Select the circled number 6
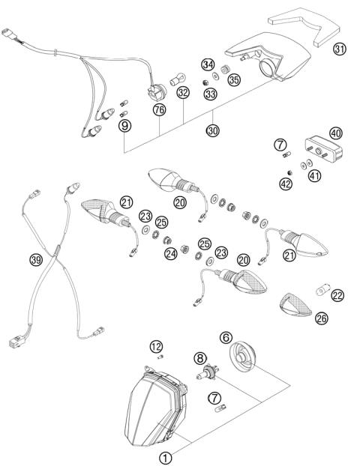pyautogui.click(x=226, y=339)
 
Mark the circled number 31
pyautogui.click(x=339, y=49)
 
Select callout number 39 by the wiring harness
pyautogui.click(x=35, y=260)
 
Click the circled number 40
pyautogui.click(x=335, y=133)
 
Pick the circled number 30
pyautogui.click(x=214, y=130)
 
